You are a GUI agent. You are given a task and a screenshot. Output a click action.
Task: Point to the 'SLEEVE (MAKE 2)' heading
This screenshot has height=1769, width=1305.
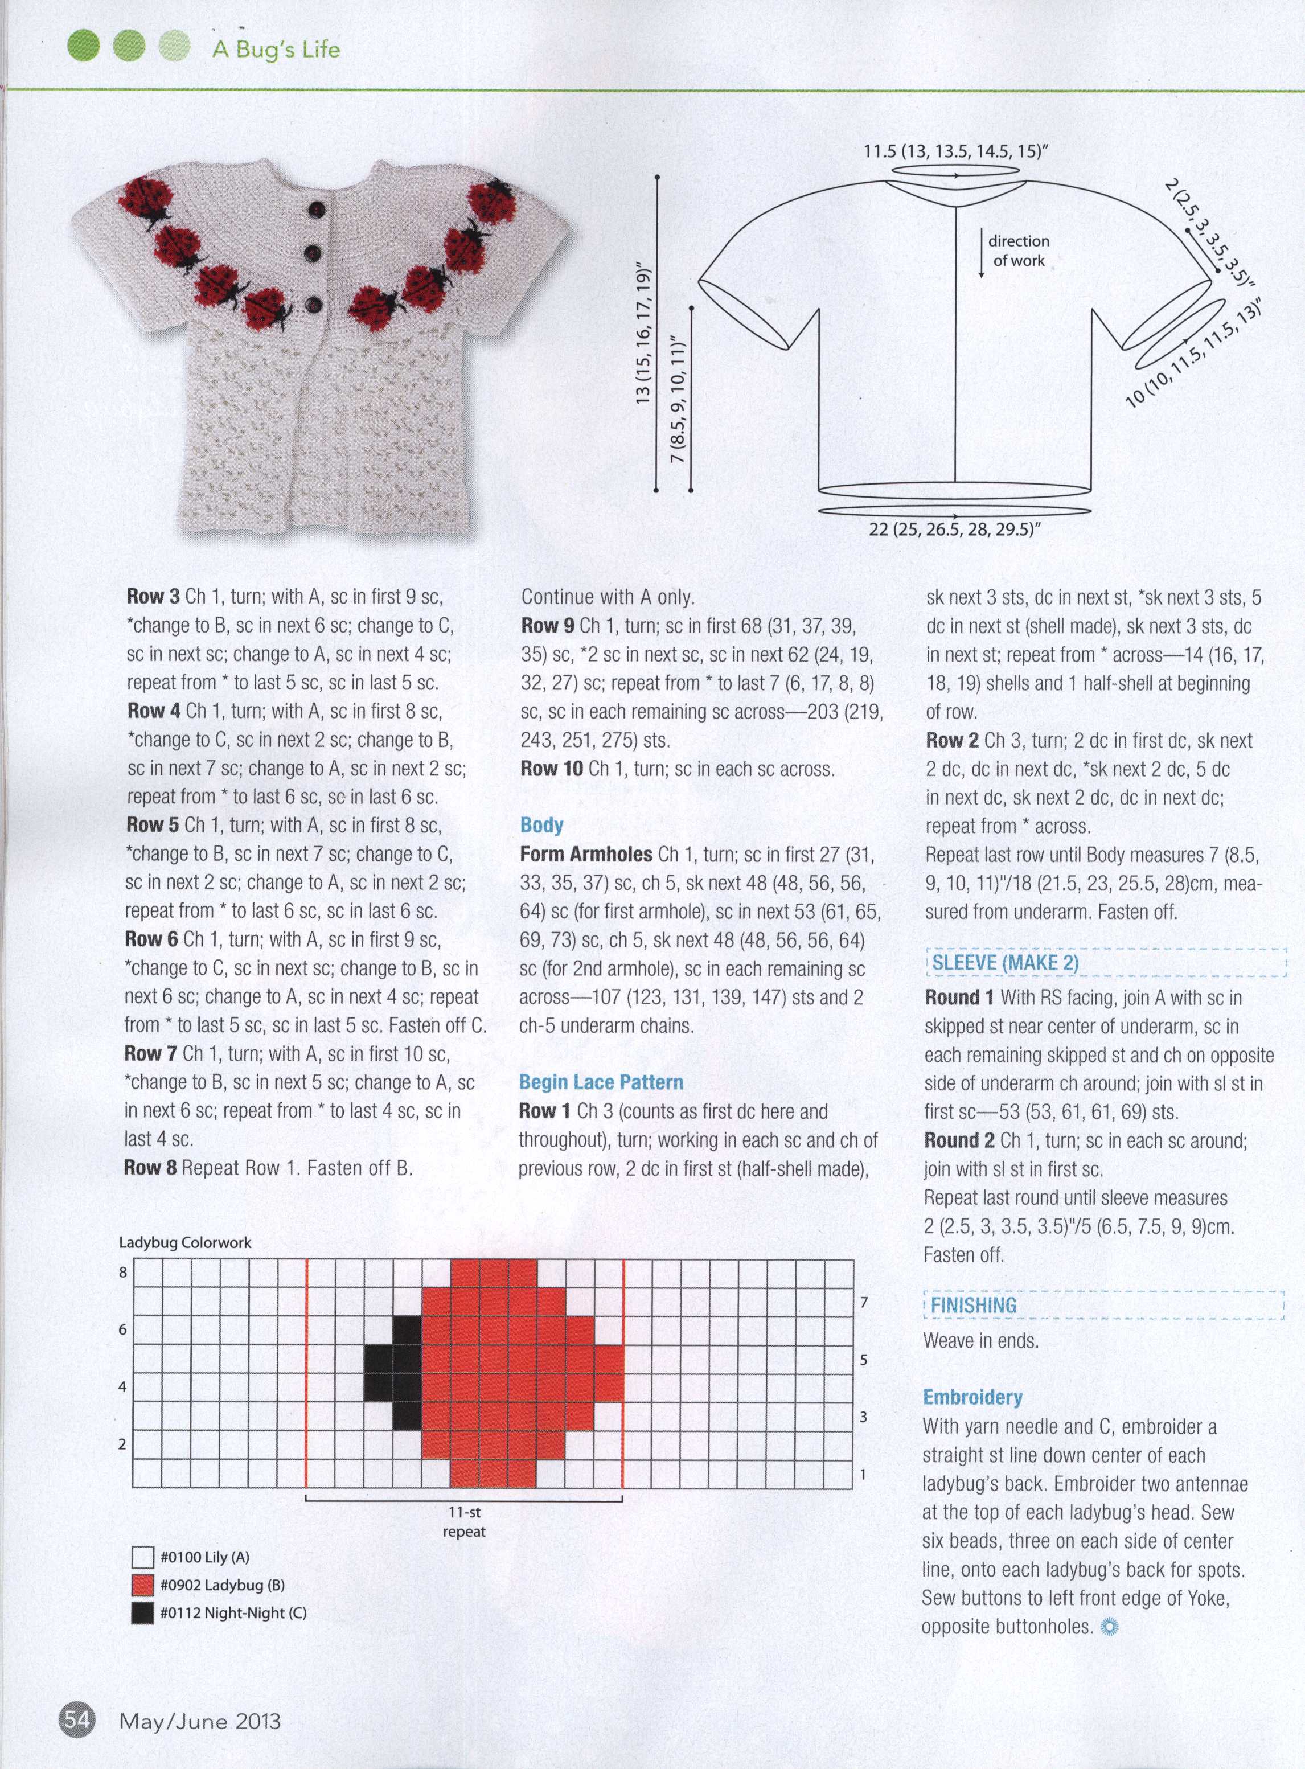point(1005,963)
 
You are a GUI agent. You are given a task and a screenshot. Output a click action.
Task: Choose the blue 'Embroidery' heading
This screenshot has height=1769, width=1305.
point(972,1397)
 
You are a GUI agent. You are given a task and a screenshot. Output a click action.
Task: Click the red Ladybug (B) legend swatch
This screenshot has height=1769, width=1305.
point(142,1585)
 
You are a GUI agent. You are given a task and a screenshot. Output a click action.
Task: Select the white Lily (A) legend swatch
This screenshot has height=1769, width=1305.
point(142,1557)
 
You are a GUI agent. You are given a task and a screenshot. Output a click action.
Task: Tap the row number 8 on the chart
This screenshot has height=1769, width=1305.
point(123,1273)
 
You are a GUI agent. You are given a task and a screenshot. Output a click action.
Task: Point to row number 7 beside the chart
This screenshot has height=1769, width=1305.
point(864,1302)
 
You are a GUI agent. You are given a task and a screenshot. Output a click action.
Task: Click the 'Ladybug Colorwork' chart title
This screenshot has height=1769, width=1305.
point(185,1242)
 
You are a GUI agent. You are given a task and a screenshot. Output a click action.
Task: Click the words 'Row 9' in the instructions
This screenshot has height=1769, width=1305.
point(547,626)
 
